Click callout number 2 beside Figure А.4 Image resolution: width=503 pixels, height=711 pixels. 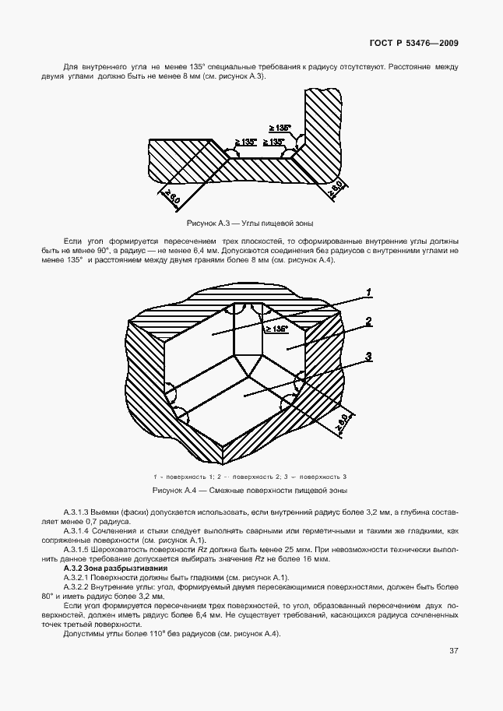point(368,320)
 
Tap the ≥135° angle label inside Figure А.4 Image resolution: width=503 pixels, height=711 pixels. point(278,329)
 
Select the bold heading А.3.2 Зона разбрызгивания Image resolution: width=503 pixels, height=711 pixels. point(113,568)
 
